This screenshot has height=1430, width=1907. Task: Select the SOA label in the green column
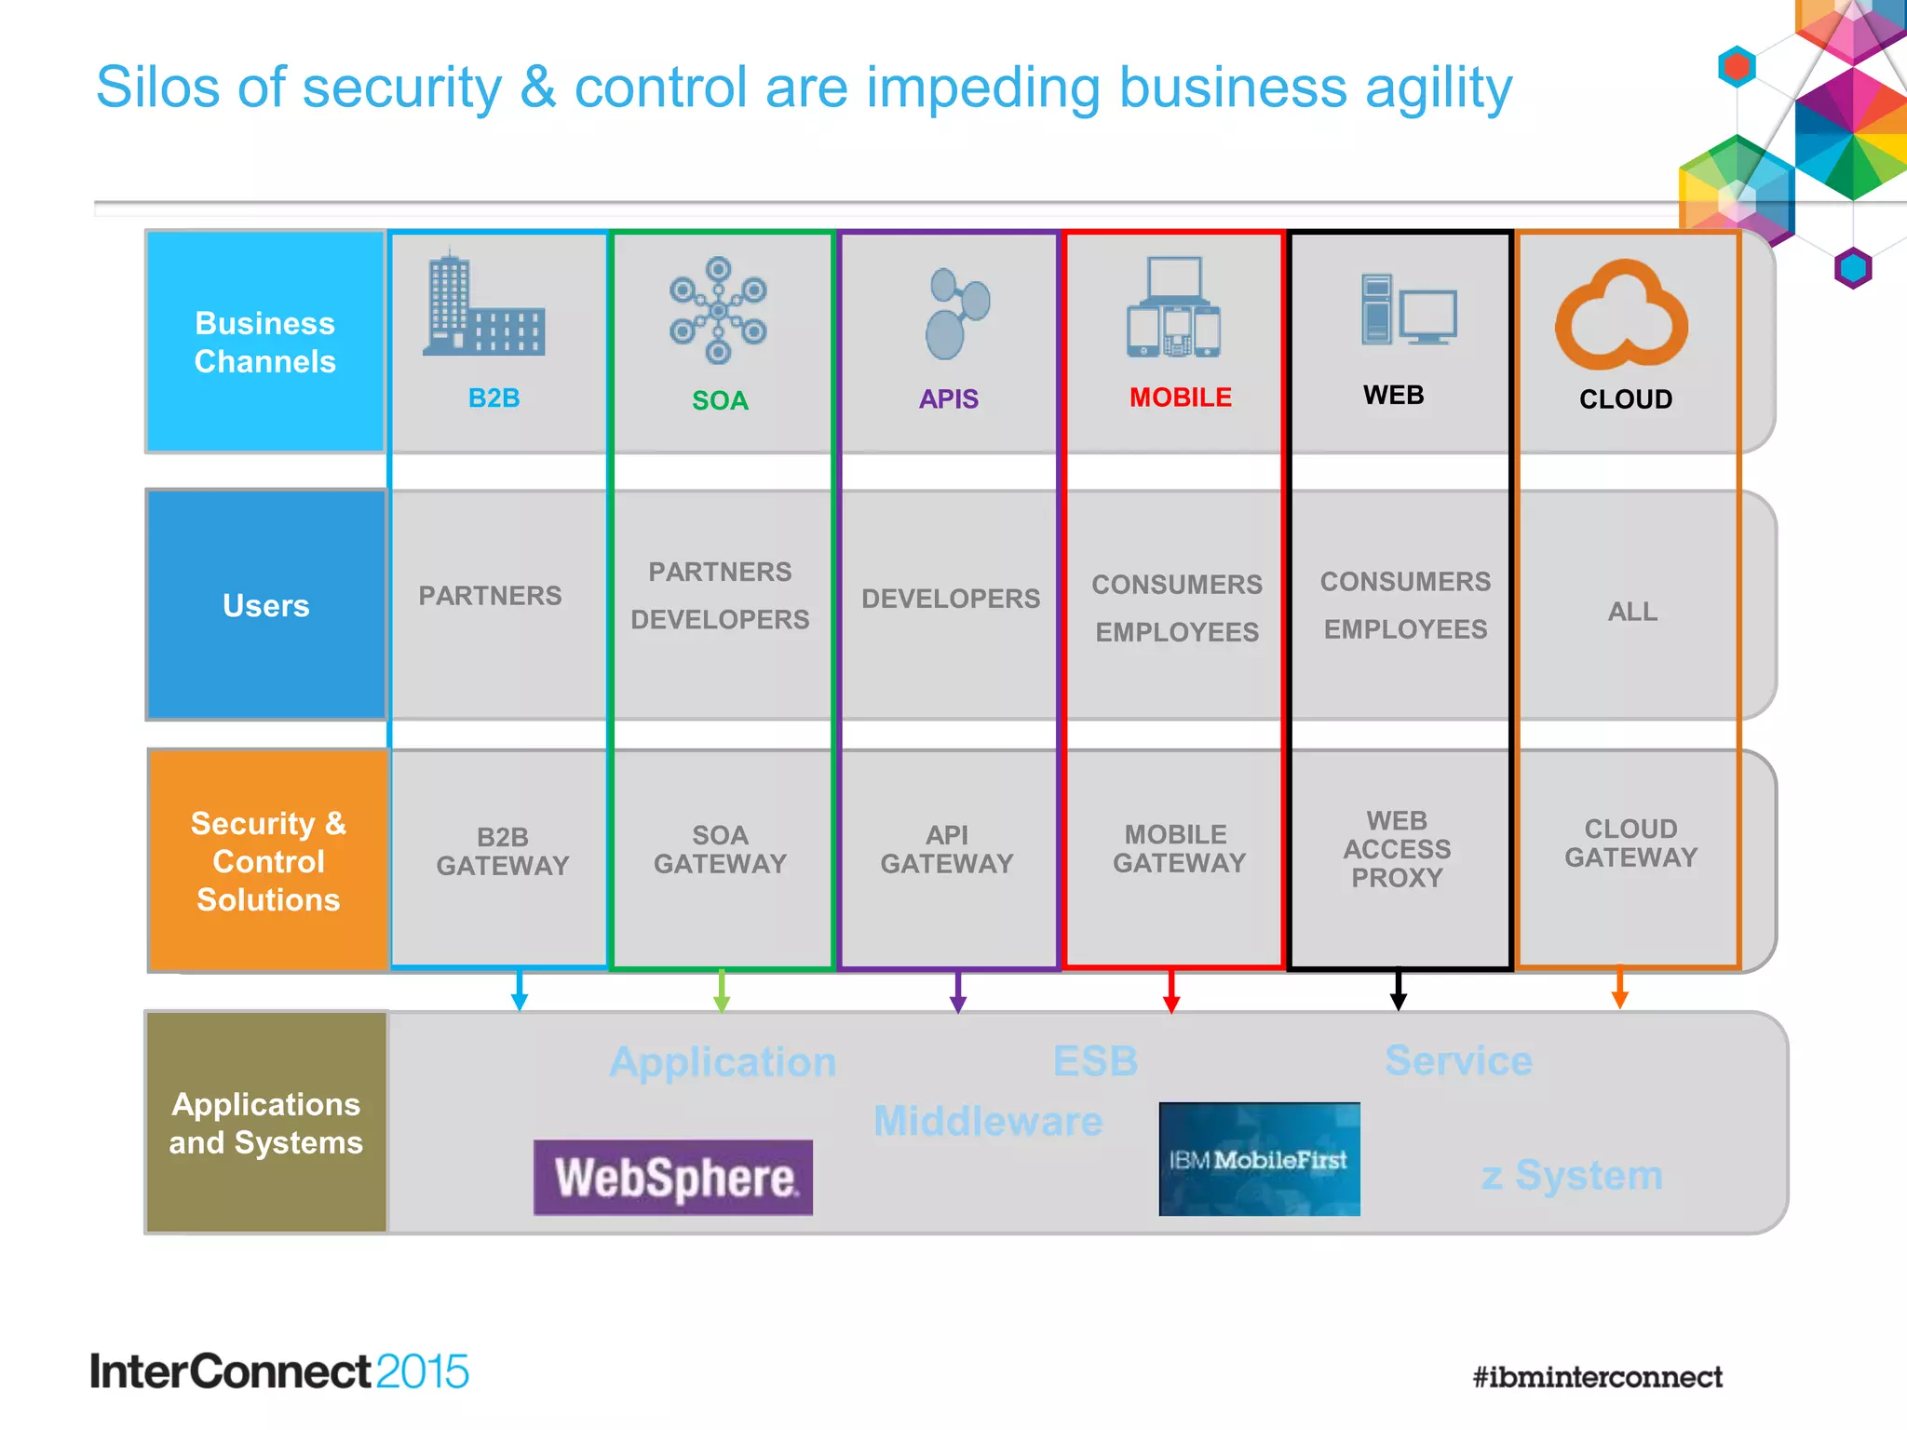tap(720, 400)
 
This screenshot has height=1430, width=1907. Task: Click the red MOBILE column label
tap(1180, 398)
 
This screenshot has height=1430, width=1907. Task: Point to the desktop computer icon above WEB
tap(1407, 310)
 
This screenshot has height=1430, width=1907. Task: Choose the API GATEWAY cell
tap(947, 849)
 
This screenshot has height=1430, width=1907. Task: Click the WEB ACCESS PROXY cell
tap(1397, 849)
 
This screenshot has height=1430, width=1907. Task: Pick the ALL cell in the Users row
tap(1631, 612)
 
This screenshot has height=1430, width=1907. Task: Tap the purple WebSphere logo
tap(672, 1177)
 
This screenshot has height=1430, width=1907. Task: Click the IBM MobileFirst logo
tap(1259, 1159)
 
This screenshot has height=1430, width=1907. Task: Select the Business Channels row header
tap(265, 342)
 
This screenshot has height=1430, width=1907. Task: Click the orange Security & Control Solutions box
tap(268, 861)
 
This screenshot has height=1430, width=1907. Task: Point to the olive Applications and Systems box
tap(265, 1123)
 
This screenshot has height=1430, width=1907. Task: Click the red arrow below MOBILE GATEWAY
tap(1171, 994)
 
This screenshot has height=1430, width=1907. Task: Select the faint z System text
tap(1572, 1175)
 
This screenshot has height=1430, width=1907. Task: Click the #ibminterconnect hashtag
tap(1597, 1377)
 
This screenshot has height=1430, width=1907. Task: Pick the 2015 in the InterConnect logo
tap(422, 1371)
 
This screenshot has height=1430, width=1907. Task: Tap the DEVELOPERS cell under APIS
tap(951, 599)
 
